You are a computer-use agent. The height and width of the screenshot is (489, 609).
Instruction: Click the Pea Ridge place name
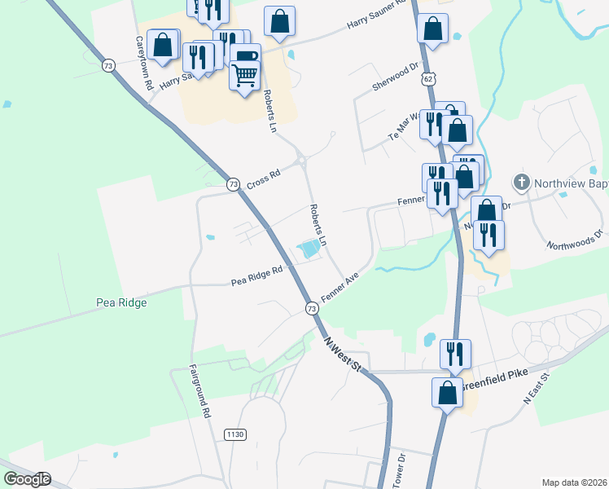coord(120,303)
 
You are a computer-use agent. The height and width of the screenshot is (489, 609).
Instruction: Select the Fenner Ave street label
coord(340,288)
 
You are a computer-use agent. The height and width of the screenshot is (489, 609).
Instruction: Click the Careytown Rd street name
coord(144,63)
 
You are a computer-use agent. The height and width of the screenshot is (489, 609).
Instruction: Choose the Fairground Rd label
coord(200,391)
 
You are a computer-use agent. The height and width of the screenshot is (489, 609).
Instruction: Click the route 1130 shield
coord(234,435)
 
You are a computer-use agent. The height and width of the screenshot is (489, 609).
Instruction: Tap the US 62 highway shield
coord(428,78)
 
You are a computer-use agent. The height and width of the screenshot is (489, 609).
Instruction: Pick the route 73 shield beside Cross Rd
coord(234,185)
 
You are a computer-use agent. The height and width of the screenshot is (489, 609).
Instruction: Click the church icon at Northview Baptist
coord(521,181)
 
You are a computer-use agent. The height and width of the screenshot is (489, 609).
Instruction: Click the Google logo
coord(27,479)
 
